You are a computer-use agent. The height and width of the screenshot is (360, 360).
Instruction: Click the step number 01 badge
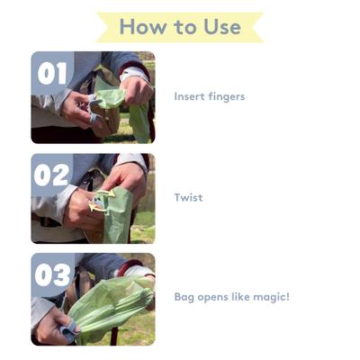[x=52, y=73]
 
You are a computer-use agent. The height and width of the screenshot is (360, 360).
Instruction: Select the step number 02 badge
[x=52, y=174]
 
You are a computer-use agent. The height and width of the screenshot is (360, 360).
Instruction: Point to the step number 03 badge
[x=52, y=274]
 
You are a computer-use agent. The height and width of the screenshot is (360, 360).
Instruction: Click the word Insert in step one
[x=190, y=96]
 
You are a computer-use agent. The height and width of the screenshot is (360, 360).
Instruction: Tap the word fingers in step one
[x=226, y=96]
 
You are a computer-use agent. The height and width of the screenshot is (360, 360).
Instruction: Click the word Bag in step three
[x=184, y=298]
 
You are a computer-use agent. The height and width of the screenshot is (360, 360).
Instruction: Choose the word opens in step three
[x=212, y=298]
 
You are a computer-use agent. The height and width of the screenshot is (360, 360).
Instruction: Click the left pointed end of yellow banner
[x=101, y=27]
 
